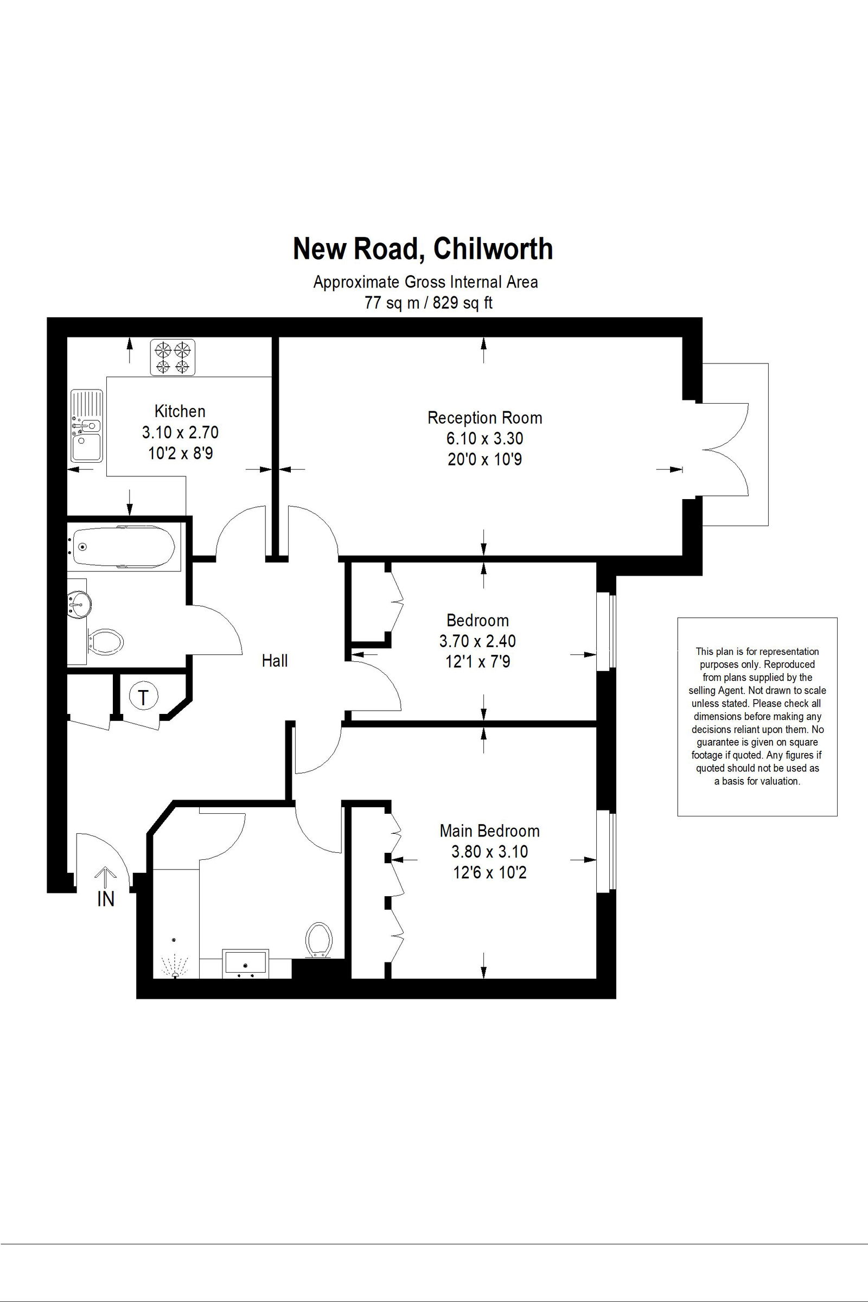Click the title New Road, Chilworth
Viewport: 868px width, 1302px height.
tap(423, 248)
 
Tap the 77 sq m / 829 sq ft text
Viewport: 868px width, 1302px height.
tap(428, 303)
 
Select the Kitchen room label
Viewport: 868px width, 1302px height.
tap(180, 411)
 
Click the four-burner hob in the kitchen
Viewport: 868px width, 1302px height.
tap(173, 358)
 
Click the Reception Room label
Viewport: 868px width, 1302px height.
tap(485, 418)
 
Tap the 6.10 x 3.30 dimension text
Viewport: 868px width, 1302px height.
tap(485, 438)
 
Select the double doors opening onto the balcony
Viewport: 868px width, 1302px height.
tap(725, 449)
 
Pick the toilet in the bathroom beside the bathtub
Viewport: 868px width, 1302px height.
tap(105, 642)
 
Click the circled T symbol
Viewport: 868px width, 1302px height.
tap(144, 698)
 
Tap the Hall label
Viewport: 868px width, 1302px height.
tap(275, 660)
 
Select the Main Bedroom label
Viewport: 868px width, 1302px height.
tap(489, 831)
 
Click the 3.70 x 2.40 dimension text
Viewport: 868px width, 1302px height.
tap(477, 641)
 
